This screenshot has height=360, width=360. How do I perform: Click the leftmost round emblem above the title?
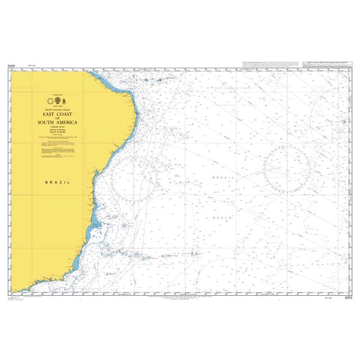click(49, 100)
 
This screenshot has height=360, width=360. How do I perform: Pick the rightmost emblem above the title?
click(67, 100)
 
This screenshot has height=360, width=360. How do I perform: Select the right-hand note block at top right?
click(328, 63)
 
